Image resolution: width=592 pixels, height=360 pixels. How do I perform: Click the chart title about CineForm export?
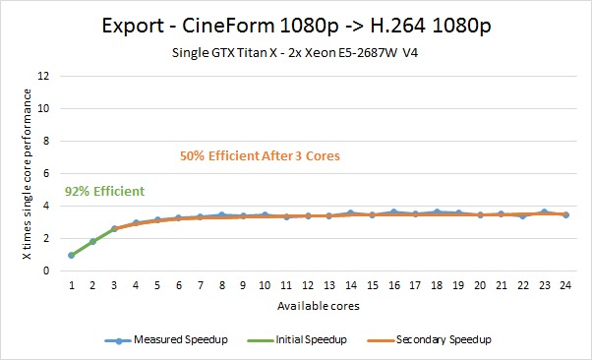(296, 27)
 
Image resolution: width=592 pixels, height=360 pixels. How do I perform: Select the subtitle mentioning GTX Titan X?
(295, 52)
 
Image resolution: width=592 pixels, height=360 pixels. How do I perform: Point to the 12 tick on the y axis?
(43, 76)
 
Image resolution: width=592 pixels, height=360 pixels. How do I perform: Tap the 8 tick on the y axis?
(46, 141)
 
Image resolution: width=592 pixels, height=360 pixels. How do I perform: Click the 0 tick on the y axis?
(46, 270)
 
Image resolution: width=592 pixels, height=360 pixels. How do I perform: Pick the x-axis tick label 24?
(565, 285)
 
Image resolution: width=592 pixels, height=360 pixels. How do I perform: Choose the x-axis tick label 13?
(329, 285)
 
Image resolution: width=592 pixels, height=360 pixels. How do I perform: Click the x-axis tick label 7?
(201, 285)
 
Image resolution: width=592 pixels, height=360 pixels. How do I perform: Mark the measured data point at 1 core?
(72, 256)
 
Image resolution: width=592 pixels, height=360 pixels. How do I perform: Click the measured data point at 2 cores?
(92, 241)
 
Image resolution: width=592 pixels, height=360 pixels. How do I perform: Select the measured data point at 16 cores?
(393, 211)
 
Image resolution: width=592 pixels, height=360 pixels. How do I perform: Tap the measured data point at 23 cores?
(544, 212)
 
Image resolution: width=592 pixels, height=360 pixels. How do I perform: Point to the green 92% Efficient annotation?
(104, 191)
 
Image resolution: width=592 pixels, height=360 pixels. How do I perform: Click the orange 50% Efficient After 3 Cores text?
(260, 155)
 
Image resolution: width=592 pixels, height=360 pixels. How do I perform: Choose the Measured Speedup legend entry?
(166, 339)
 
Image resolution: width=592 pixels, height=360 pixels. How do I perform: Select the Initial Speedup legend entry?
(297, 339)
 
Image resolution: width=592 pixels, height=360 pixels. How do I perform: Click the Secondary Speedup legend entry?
(430, 339)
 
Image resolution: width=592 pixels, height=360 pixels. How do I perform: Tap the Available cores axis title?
(319, 306)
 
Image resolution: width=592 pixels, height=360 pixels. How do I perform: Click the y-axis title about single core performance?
(27, 174)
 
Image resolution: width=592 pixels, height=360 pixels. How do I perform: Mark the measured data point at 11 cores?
(286, 216)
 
